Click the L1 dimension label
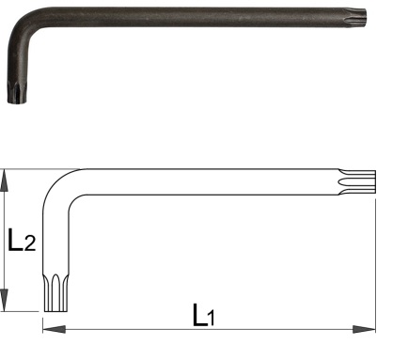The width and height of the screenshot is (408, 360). (x=204, y=315)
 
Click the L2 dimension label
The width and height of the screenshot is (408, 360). (x=22, y=240)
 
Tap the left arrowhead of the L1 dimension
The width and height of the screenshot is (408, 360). (x=54, y=329)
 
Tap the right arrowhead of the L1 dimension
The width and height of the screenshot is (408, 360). (x=364, y=329)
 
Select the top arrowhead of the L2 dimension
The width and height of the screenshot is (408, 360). (x=4, y=180)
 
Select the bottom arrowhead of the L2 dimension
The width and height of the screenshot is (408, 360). (x=4, y=300)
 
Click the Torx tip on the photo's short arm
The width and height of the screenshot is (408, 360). (x=17, y=93)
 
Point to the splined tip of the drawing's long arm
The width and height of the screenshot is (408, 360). (x=357, y=182)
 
